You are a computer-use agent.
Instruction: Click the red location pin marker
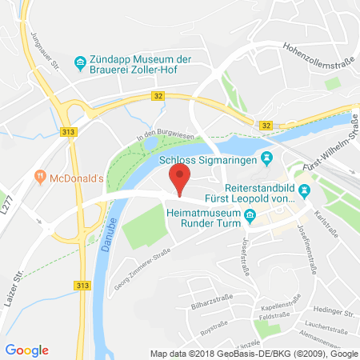[181, 178]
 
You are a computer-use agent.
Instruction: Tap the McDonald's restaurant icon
[39, 176]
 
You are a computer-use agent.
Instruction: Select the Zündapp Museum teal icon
[79, 62]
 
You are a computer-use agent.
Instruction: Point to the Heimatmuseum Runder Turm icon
[250, 214]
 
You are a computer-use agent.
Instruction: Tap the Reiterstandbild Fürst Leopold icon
[304, 190]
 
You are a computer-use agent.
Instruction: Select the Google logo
[26, 350]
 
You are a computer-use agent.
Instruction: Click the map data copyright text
[254, 353]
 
